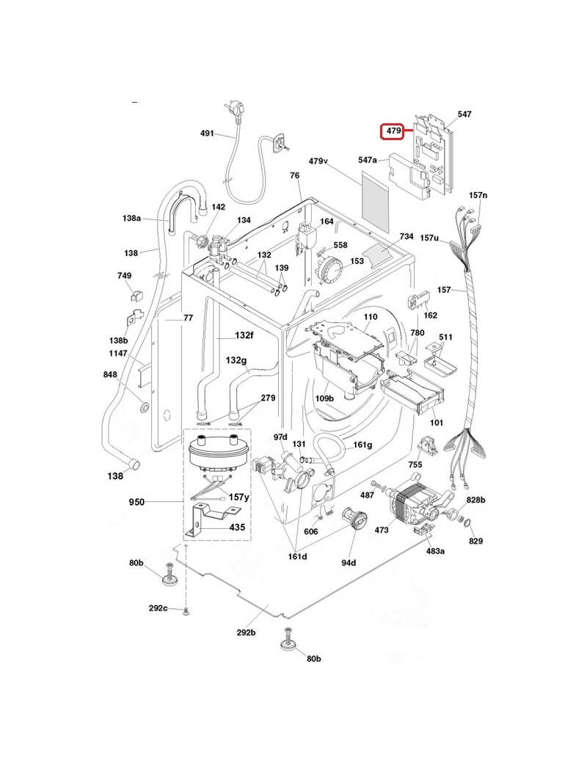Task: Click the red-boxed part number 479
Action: pos(393,131)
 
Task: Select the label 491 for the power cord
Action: pos(208,133)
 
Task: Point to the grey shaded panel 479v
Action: pos(376,201)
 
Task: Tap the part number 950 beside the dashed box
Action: pos(136,501)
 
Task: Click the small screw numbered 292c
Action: pos(186,610)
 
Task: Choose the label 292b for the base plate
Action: pos(246,632)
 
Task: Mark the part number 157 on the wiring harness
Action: pos(444,290)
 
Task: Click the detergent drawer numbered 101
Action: pos(414,393)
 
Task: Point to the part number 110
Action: pos(371,316)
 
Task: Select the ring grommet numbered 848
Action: pos(145,406)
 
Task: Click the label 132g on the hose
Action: pos(236,360)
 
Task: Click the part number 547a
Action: pos(368,160)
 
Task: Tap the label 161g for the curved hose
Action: pos(362,445)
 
